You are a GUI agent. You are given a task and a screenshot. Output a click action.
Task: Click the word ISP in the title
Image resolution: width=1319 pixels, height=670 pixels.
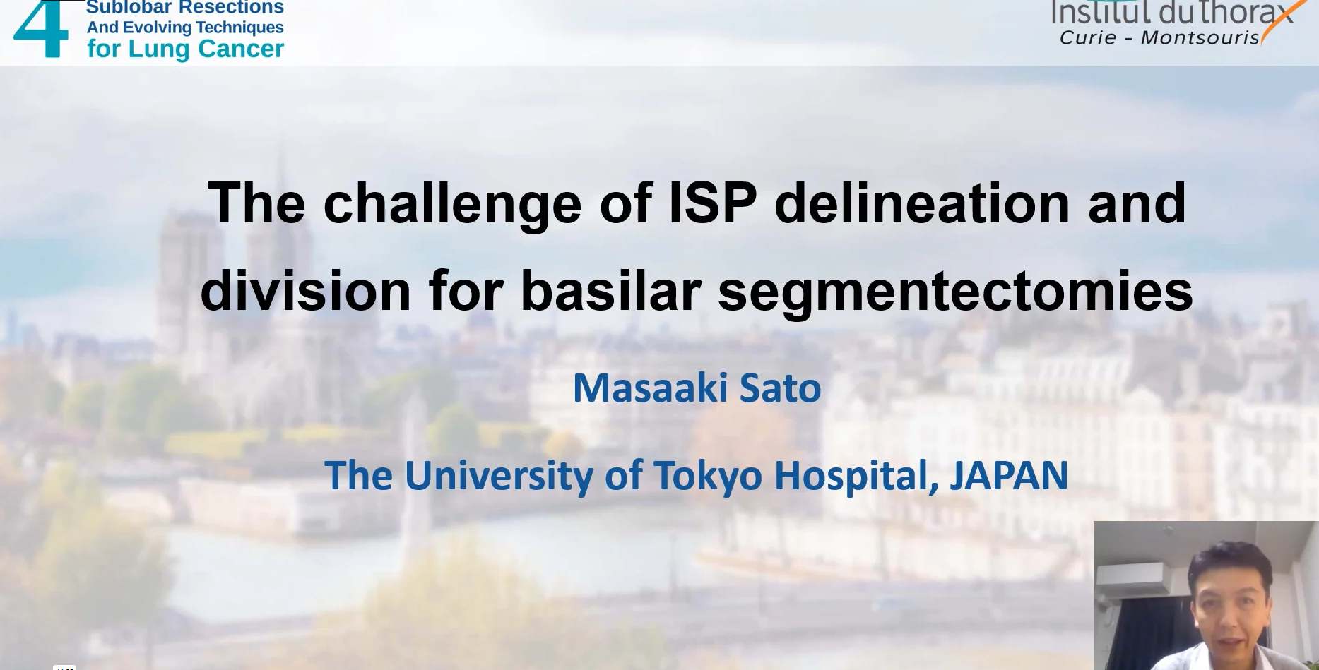click(712, 203)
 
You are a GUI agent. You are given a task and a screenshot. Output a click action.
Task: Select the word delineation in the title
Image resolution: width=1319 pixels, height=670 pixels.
click(922, 203)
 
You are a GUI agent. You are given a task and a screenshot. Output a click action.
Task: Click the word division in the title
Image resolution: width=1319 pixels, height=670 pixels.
click(305, 289)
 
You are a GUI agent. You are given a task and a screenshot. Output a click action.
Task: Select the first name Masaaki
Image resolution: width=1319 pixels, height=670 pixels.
click(649, 388)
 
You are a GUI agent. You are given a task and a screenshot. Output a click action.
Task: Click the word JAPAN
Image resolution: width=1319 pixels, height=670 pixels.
click(1009, 475)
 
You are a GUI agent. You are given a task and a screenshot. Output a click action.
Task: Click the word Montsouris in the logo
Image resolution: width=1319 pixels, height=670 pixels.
click(1200, 37)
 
